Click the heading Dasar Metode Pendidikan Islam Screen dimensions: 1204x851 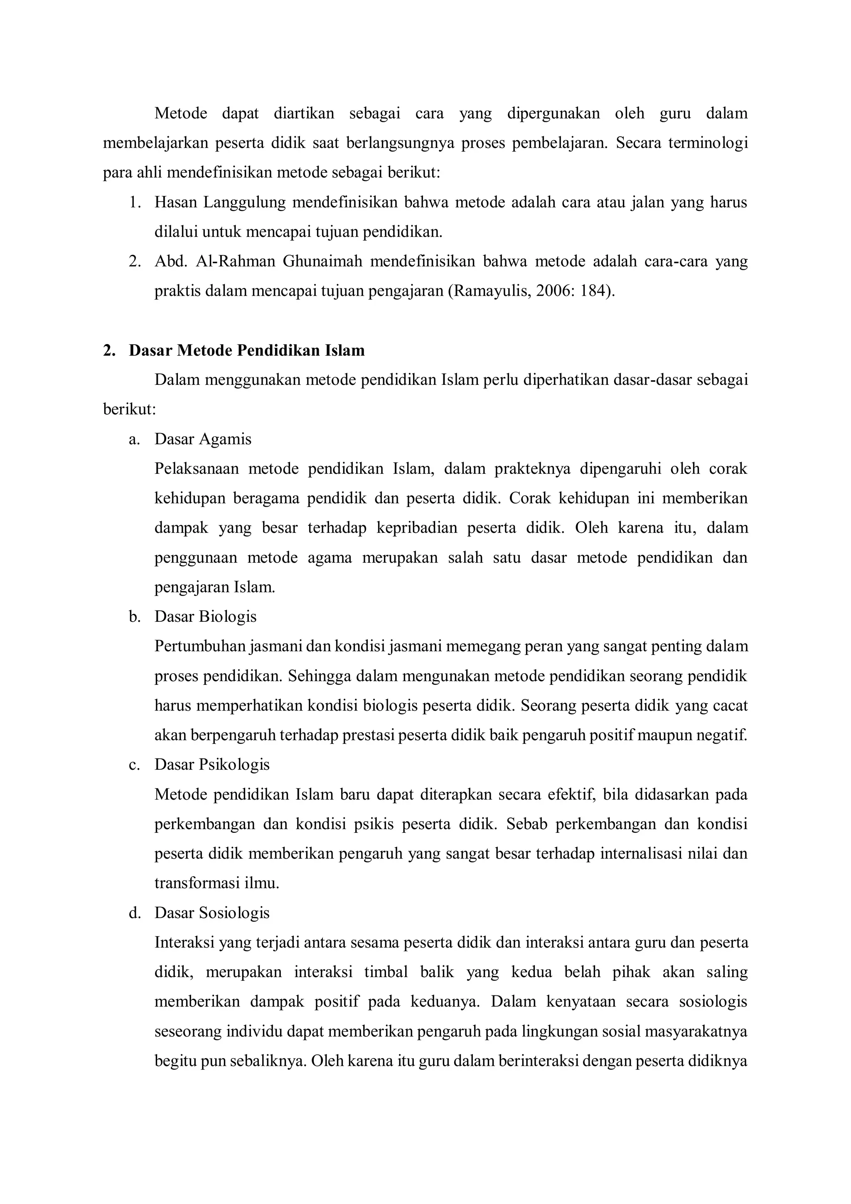coord(246,350)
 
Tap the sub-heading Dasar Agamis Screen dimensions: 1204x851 coord(202,439)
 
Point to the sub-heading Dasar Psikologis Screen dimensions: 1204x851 coord(212,765)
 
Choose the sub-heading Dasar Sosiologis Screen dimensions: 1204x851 coord(212,913)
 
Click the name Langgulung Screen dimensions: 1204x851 coord(244,202)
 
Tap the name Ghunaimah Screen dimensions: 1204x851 coord(322,261)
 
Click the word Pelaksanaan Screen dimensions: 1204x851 coord(196,469)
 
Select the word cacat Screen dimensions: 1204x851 coord(730,705)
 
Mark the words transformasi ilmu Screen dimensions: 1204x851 coord(216,884)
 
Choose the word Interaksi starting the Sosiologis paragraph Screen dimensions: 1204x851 coord(184,943)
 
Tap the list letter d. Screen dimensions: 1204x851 coord(134,913)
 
